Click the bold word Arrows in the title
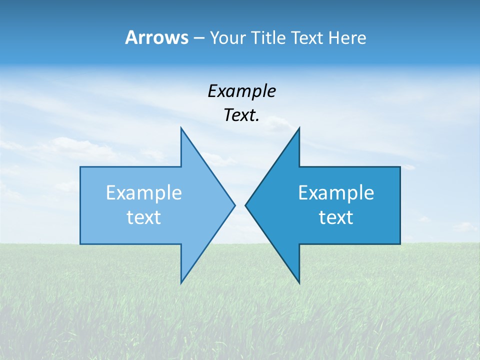click(x=156, y=37)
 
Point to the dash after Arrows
click(x=198, y=38)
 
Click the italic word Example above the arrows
click(x=241, y=91)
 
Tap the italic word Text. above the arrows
click(x=241, y=115)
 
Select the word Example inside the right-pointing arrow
click(x=144, y=193)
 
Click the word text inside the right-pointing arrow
click(x=144, y=217)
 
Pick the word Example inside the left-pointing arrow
click(x=336, y=193)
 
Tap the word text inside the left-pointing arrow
click(x=336, y=217)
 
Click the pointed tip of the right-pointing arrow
click(x=235, y=205)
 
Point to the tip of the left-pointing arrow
click(x=245, y=205)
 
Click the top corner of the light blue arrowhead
click(x=181, y=128)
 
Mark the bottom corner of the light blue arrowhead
click(x=181, y=283)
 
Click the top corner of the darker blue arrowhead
click(x=299, y=128)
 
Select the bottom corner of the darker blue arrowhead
click(x=299, y=283)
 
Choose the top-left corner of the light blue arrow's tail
click(x=81, y=167)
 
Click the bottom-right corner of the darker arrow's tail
click(x=400, y=243)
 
